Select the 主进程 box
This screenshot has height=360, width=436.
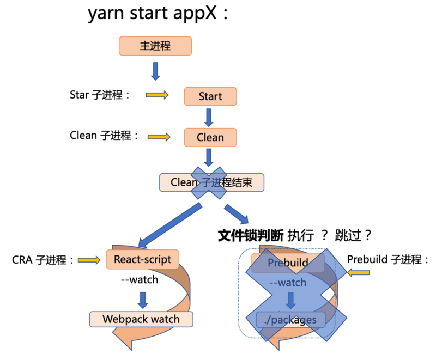coord(155,46)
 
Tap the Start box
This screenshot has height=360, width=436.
coord(210,96)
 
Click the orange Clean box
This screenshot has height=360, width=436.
coord(210,137)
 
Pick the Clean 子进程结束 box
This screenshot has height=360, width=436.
coord(211,182)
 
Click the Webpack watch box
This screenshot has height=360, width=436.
coord(141,319)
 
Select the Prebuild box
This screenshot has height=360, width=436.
coord(288,263)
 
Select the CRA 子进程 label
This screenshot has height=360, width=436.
coord(43,260)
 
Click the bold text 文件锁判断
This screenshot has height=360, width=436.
coord(250,235)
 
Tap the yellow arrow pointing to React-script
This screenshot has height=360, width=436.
coord(89,260)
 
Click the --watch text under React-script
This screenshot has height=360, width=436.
coord(139,280)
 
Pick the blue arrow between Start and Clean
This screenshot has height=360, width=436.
coord(209,117)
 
